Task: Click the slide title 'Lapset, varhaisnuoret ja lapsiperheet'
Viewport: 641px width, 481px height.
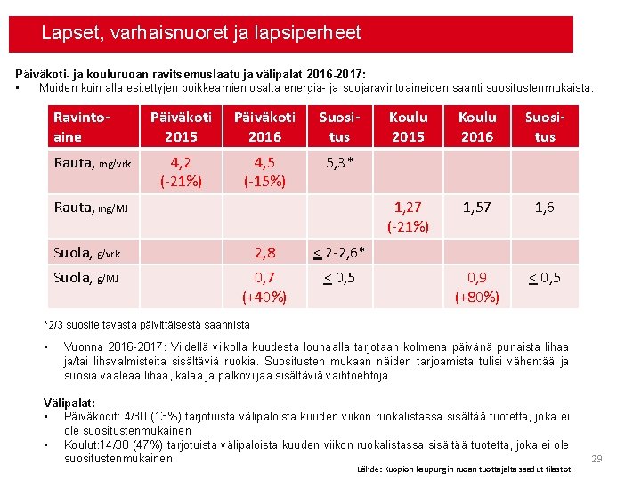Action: [201, 34]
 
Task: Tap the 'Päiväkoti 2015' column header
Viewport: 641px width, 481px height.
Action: [181, 126]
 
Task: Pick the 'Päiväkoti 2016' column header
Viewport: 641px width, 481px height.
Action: [264, 126]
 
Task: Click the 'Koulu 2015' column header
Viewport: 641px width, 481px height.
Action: [408, 126]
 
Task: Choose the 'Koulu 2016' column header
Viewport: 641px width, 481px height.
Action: [476, 126]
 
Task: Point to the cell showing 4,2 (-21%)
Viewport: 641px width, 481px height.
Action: [181, 171]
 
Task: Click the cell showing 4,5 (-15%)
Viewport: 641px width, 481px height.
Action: [264, 171]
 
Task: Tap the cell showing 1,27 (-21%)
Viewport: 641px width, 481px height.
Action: [408, 216]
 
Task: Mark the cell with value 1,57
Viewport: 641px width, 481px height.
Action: [476, 208]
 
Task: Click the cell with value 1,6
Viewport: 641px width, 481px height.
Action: [544, 208]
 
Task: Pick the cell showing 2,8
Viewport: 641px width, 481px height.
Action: [264, 253]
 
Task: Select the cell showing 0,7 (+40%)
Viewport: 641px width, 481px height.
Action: [264, 287]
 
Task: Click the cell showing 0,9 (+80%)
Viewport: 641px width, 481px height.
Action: [476, 287]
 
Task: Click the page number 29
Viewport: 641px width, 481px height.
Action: [597, 459]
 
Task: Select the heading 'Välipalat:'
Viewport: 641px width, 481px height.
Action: [69, 403]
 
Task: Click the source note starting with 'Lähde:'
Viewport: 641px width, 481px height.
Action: [464, 469]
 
